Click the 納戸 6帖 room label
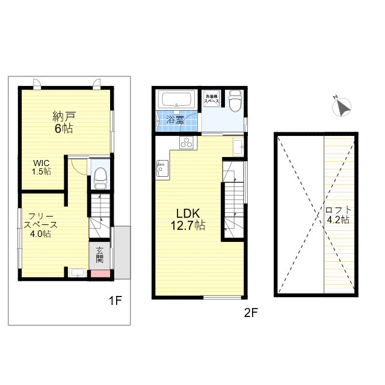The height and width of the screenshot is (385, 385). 63,122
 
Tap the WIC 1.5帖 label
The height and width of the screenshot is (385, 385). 42,167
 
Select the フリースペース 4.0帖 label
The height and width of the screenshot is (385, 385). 40,225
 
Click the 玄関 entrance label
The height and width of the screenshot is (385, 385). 99,255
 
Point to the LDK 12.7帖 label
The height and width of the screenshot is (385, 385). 188,219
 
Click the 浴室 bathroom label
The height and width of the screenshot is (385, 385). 175,120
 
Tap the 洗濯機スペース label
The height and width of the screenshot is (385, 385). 211,99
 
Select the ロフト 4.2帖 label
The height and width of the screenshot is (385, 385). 338,215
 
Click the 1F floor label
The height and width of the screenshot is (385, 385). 115,301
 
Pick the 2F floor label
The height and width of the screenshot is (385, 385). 251,313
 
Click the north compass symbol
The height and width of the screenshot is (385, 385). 342,106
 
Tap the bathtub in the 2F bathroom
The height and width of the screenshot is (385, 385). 176,99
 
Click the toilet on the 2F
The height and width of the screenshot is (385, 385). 235,100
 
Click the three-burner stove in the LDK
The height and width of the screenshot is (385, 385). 186,143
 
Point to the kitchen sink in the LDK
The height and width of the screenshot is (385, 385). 162,168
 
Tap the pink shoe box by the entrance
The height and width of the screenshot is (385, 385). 100,274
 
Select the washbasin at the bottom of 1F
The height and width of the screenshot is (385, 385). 77,273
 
